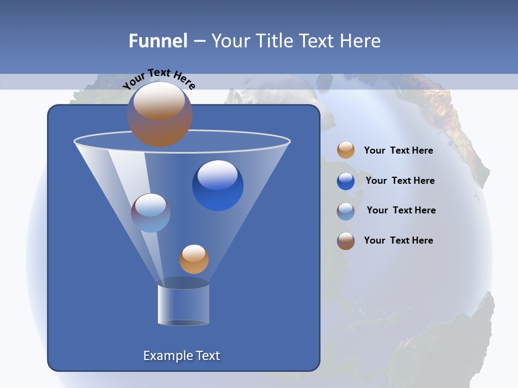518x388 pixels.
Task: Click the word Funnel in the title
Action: coord(158,41)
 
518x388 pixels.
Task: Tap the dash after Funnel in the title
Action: coord(199,41)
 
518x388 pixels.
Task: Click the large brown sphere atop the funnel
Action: coord(160,114)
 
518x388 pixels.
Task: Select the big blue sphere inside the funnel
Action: coord(217,185)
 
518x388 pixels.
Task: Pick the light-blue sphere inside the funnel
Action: coord(151,213)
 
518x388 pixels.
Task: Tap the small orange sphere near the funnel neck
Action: coord(194,259)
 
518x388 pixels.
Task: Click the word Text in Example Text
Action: coord(207,356)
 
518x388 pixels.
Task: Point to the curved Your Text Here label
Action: coord(159,79)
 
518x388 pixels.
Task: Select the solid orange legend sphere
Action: coord(346,150)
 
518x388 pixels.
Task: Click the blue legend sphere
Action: coord(346,181)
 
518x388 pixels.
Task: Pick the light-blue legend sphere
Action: coord(346,211)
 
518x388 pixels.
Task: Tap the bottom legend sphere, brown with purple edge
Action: coord(346,241)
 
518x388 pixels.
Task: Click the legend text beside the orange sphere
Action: coord(398,150)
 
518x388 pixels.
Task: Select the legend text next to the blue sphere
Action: coord(400,181)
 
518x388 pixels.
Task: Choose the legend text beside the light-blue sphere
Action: coord(401,210)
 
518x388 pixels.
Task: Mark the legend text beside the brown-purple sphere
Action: coord(398,240)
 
